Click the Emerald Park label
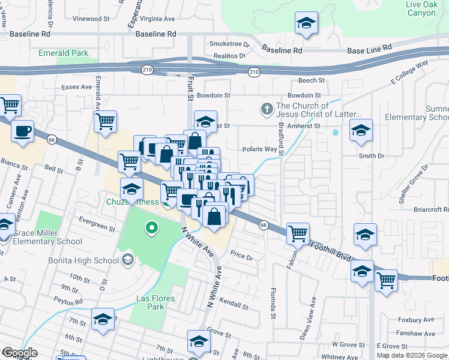click(63, 53)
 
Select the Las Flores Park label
click(146, 302)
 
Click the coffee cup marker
click(23, 131)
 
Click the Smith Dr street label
click(371, 156)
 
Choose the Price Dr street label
click(242, 256)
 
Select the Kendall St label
click(234, 305)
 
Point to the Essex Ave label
click(76, 87)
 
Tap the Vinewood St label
click(87, 19)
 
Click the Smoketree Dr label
click(229, 44)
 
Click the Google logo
click(20, 353)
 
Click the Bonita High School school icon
click(127, 260)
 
